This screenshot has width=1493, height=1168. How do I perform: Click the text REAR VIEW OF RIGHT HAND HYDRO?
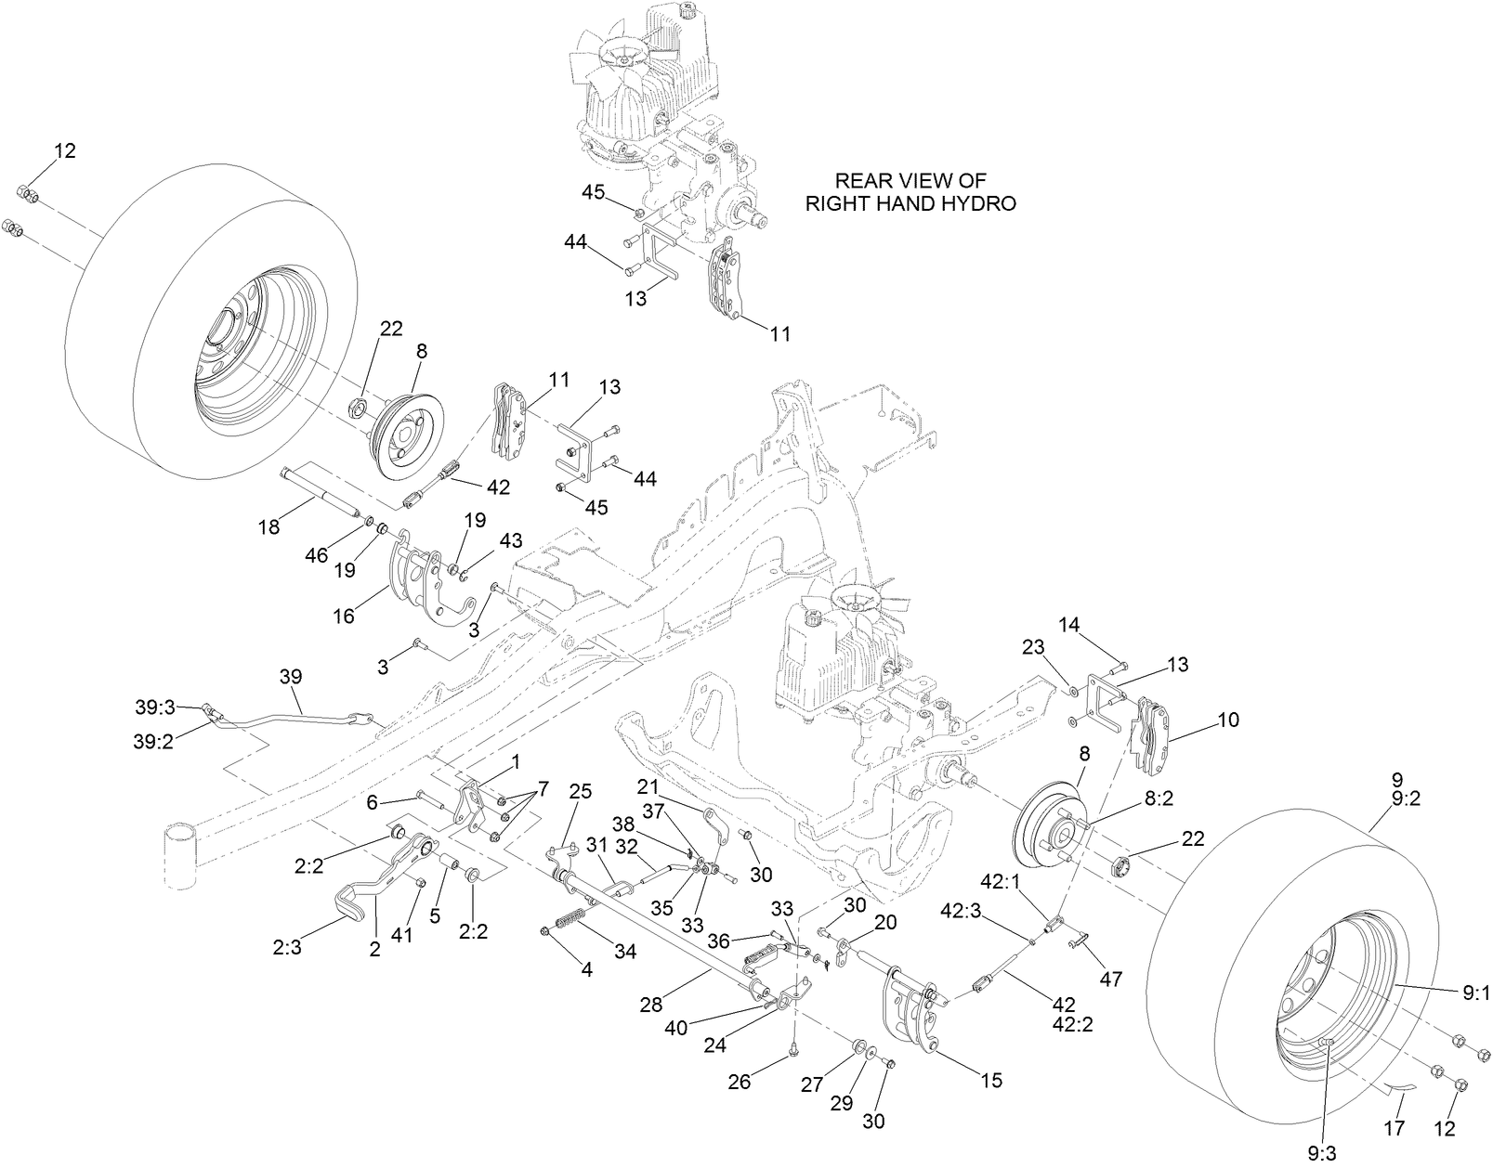[x=910, y=192]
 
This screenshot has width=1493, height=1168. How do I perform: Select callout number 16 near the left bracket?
[x=344, y=616]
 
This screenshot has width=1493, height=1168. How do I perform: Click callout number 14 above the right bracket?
[x=1069, y=625]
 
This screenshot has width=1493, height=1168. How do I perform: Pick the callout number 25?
[x=581, y=791]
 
